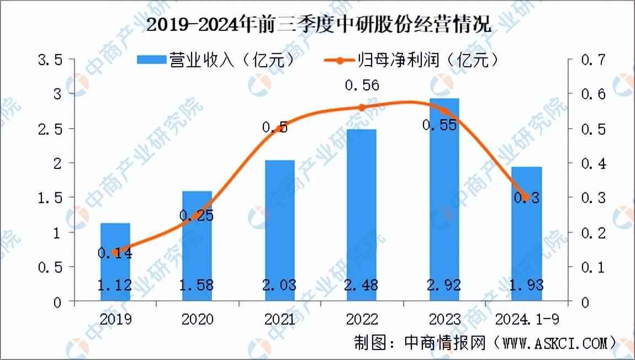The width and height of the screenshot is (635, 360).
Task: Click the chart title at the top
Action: (317, 25)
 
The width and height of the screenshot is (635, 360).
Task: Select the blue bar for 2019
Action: (115, 262)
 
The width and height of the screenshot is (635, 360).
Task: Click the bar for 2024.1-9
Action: (527, 234)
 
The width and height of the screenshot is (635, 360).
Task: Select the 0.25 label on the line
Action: (197, 216)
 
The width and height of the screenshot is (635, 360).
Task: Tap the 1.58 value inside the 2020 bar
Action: (197, 285)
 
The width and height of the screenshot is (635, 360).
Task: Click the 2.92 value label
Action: (444, 285)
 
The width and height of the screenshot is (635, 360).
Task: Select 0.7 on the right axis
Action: (594, 60)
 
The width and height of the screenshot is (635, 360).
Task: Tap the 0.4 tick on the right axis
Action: (594, 163)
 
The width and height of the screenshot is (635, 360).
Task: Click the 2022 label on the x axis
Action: (362, 320)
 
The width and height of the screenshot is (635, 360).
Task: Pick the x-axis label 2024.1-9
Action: (527, 320)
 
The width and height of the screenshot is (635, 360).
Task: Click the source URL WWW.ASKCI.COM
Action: (555, 343)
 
